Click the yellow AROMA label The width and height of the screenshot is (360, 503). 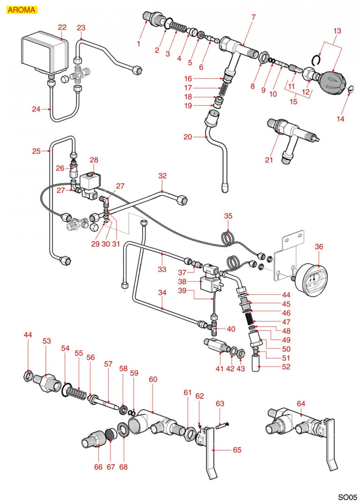[21, 10]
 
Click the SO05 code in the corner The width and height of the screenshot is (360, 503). [347, 497]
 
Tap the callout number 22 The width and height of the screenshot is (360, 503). [62, 27]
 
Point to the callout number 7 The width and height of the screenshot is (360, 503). [253, 17]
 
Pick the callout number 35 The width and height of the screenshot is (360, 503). [228, 216]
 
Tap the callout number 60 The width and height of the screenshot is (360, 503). [153, 379]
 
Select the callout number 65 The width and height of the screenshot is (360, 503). [237, 450]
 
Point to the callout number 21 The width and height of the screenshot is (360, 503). [269, 160]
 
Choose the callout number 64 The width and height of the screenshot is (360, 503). [301, 403]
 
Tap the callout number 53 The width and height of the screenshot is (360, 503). [47, 341]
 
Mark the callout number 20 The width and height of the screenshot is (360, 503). [188, 137]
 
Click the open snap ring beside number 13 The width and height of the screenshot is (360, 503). [316, 60]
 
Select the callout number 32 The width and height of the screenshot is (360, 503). [162, 176]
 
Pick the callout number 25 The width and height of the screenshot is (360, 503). [36, 151]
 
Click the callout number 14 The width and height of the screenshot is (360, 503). [340, 119]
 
